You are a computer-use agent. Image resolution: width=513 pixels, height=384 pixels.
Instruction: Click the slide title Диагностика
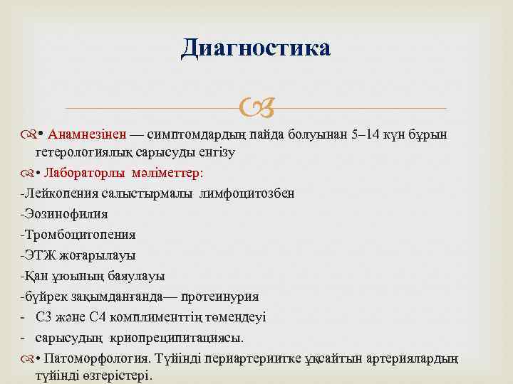(x=256, y=48)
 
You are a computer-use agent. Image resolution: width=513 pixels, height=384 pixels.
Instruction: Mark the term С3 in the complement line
(x=43, y=316)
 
